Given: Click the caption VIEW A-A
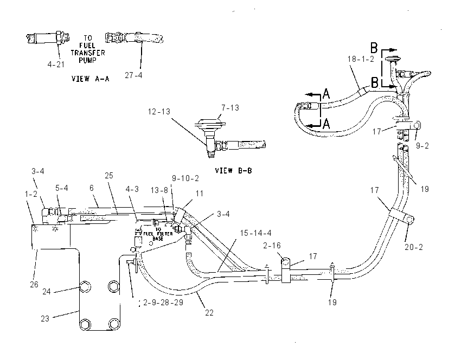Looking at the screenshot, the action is pos(90,79).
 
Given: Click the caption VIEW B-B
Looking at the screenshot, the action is pos(233,171).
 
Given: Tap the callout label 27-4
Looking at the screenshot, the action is pos(133,75).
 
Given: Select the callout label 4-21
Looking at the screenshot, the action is pos(56,65).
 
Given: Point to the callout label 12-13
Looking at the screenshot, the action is pos(159,112).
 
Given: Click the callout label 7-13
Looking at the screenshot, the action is pos(230,108).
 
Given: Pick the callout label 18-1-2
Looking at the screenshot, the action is pos(361,59).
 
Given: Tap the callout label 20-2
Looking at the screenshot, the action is pos(414,247).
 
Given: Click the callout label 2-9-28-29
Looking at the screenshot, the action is pos(163,303).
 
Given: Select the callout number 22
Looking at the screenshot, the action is pos(209,313).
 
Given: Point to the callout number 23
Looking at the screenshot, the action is pos(45,319).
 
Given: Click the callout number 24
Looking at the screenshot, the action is pos(47,292).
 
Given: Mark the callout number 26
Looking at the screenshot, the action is pos(34,285).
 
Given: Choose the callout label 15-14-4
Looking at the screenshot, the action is pos(256,233).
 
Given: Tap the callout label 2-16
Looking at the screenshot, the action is pos(272,246).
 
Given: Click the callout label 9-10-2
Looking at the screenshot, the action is pos(185,178).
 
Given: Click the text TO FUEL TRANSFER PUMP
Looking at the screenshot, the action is pos(88,49).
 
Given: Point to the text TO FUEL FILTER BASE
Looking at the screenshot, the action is pos(158,234).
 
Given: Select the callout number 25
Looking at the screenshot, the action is pos(109,176).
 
